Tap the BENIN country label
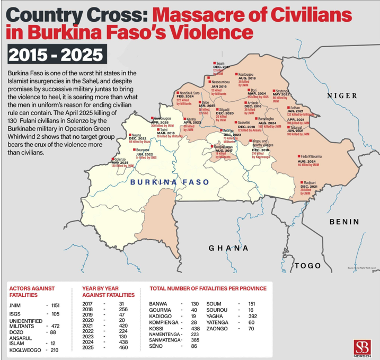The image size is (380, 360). click(344, 222)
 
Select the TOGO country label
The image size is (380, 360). click(308, 265)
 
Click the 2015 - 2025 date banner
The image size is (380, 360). click(56, 54)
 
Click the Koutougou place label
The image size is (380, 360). click(248, 74)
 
